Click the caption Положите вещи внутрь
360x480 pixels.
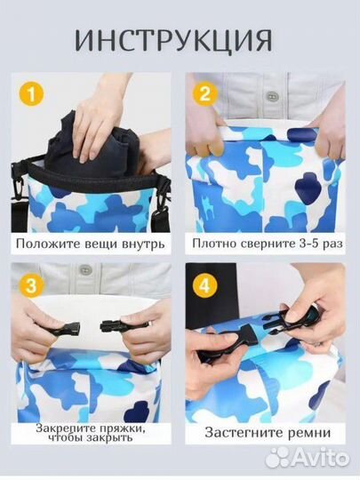(x=92, y=241)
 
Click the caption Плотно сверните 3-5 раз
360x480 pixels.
(x=265, y=241)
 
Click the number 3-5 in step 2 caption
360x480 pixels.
(x=300, y=241)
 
